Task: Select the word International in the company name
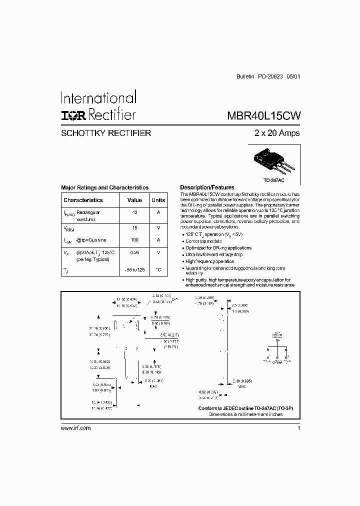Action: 98,97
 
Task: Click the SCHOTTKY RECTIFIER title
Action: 106,133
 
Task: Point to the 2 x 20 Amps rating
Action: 276,133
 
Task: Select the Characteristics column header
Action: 83,200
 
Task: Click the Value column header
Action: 134,200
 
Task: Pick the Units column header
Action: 158,200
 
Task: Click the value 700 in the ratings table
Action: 134,240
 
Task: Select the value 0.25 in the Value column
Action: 134,252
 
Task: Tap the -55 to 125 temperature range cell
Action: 134,270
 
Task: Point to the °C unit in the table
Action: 158,270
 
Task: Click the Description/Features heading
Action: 207,187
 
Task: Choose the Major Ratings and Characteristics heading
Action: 104,187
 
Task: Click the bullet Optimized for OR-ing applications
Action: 218,248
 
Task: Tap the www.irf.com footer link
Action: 75,428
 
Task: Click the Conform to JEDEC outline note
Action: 245,408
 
